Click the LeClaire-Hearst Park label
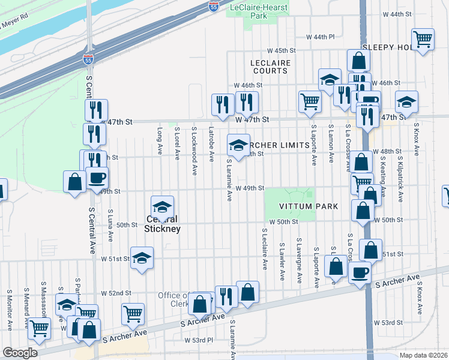[x=259, y=11]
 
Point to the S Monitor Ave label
[x=10, y=310]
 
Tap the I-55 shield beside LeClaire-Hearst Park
[x=215, y=7]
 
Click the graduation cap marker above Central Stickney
[x=162, y=207]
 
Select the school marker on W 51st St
[x=142, y=259]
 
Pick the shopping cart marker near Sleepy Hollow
[x=423, y=39]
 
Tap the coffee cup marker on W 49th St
[x=97, y=178]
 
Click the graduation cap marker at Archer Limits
[x=238, y=145]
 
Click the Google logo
[x=20, y=353]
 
